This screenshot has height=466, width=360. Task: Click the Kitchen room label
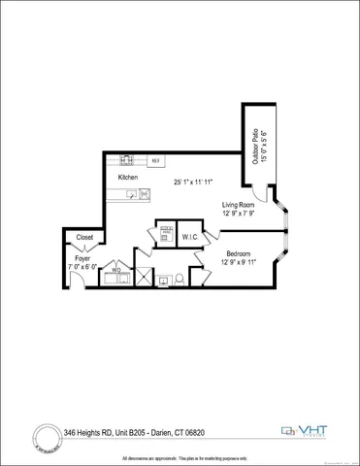128,178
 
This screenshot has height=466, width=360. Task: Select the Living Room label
238,204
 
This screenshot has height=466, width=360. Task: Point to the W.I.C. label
191,236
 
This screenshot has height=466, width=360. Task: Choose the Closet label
83,237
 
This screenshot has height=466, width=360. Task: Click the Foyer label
82,258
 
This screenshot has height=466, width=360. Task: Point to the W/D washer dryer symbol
115,272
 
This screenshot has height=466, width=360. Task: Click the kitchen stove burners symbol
127,160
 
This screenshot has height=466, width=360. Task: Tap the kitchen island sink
144,194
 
